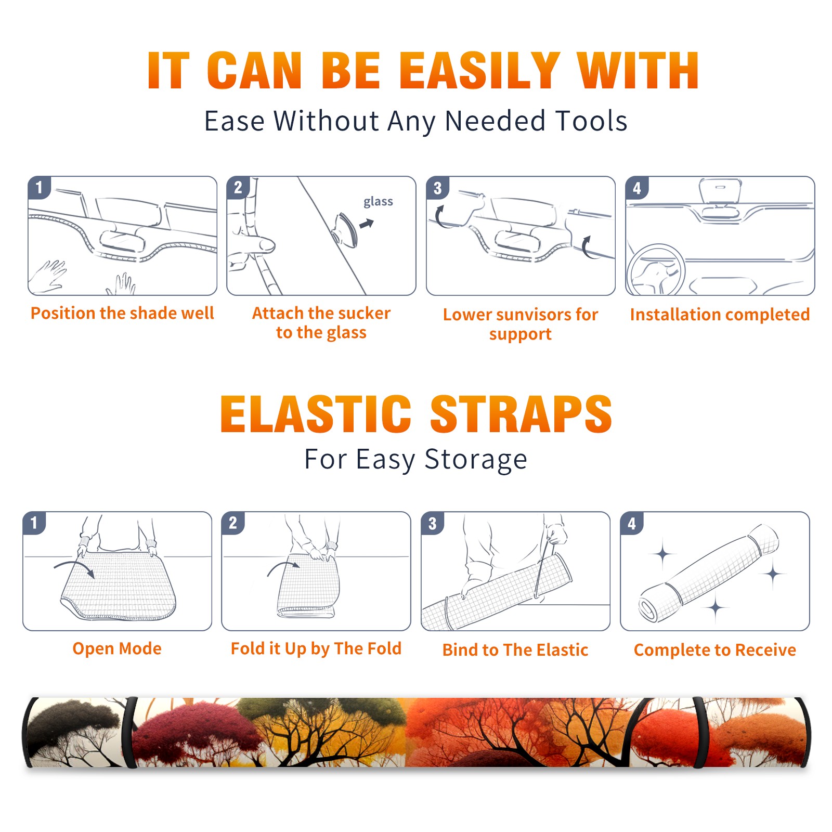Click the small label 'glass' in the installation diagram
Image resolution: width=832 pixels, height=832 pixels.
coord(378,202)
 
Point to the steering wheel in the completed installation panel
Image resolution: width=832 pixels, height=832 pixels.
coord(655,269)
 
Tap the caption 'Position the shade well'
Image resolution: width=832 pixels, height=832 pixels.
coord(122,313)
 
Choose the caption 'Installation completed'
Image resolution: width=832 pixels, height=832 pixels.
coord(720,314)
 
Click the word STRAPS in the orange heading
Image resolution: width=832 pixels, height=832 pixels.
coord(521,414)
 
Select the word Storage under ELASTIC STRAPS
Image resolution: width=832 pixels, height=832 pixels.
coord(476,460)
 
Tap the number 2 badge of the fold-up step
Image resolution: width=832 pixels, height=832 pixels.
coord(233,523)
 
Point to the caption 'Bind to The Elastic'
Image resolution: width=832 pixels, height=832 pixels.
coord(515,649)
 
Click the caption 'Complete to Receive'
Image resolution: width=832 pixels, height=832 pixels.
coord(714,649)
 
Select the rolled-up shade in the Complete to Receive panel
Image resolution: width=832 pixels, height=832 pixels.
coord(709,573)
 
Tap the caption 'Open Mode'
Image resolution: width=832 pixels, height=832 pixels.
coord(117,648)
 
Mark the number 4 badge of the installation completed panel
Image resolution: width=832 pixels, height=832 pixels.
coord(637,188)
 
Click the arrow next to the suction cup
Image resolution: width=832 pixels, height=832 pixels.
coord(367,224)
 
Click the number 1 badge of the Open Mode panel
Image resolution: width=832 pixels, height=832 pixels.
coord(34,523)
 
